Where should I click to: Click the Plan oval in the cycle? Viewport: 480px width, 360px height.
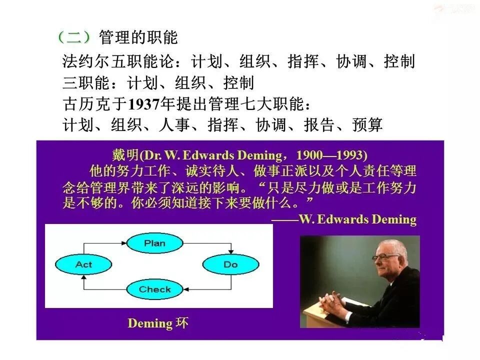(154, 243)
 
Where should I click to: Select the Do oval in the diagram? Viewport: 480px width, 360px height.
(230, 264)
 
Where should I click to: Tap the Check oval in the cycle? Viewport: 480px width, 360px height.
(154, 289)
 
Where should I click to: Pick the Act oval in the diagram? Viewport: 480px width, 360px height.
(83, 264)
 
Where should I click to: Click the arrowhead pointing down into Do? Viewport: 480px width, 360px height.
(230, 251)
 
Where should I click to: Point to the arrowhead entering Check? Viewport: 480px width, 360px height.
(186, 289)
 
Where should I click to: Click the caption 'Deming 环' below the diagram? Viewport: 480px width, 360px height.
(158, 323)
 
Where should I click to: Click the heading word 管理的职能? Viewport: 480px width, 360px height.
(138, 37)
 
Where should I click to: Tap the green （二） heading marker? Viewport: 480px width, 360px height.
(73, 37)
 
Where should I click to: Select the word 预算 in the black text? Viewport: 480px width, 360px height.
(367, 124)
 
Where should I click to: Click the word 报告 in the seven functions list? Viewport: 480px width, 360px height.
(319, 124)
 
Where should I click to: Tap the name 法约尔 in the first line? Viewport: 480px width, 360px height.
(86, 62)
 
